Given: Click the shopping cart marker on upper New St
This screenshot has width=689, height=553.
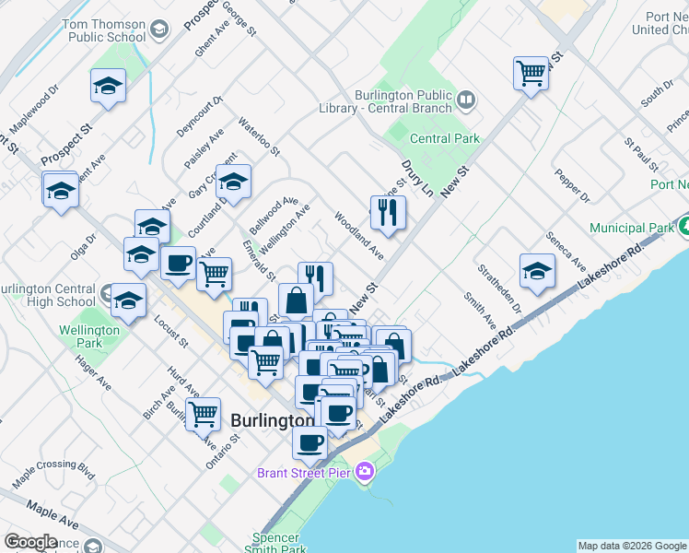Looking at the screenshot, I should [x=531, y=73].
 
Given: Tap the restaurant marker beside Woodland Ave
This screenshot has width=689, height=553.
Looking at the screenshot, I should [x=388, y=213].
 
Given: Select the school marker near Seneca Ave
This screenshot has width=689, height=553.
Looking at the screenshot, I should [x=537, y=270].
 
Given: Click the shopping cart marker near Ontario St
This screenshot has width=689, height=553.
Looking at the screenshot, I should [x=203, y=414].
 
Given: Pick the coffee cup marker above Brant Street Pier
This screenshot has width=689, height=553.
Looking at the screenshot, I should [x=309, y=442].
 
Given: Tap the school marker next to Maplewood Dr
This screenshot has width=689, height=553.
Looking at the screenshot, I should [x=108, y=87].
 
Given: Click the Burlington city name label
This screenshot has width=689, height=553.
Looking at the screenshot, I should [x=272, y=420].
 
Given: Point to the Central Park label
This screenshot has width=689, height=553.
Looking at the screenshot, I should [x=445, y=139].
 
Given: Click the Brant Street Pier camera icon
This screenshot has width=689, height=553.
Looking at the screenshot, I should [x=366, y=472].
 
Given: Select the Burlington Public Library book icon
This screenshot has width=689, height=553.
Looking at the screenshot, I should [x=466, y=100].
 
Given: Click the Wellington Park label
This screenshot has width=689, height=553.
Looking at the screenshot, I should [x=89, y=336].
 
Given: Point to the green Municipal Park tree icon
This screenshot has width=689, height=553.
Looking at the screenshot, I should [x=684, y=226].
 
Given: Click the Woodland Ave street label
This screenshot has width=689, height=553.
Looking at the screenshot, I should [x=358, y=235].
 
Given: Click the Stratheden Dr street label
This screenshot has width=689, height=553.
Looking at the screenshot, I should [x=498, y=288].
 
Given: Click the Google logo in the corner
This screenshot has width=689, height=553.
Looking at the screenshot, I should [x=31, y=542].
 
